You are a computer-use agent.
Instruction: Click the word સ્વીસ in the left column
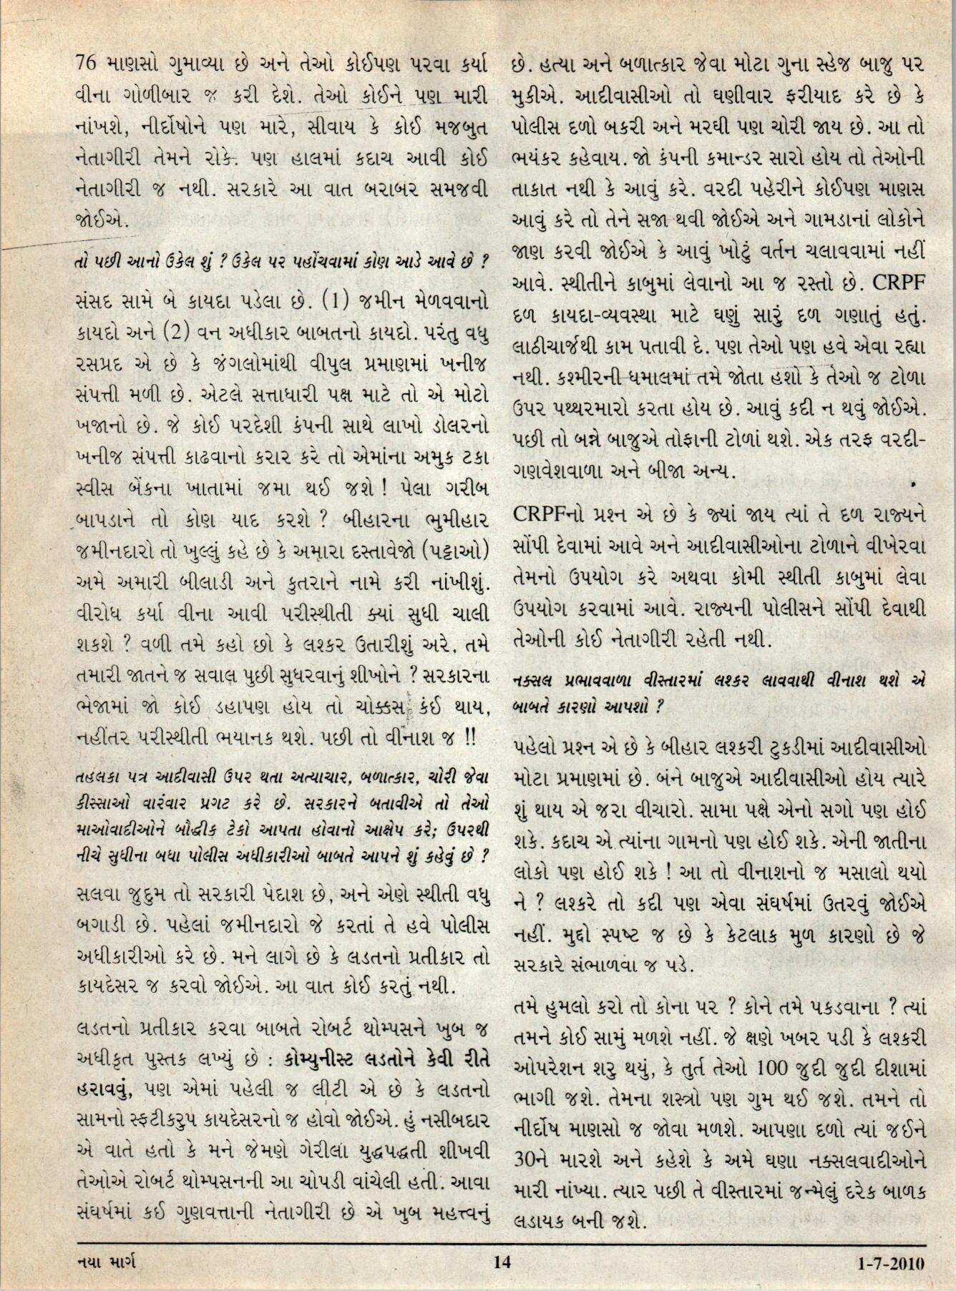coord(98,496)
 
